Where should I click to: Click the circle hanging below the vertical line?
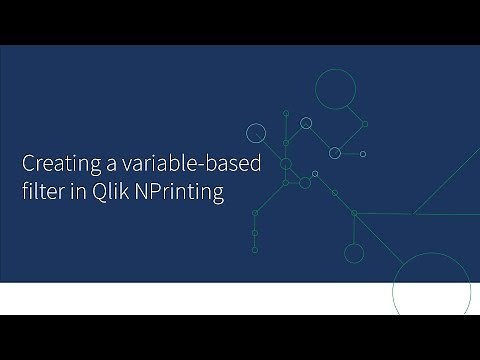pyautogui.click(x=354, y=252)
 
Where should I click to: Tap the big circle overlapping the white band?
pyautogui.click(x=424, y=290)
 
